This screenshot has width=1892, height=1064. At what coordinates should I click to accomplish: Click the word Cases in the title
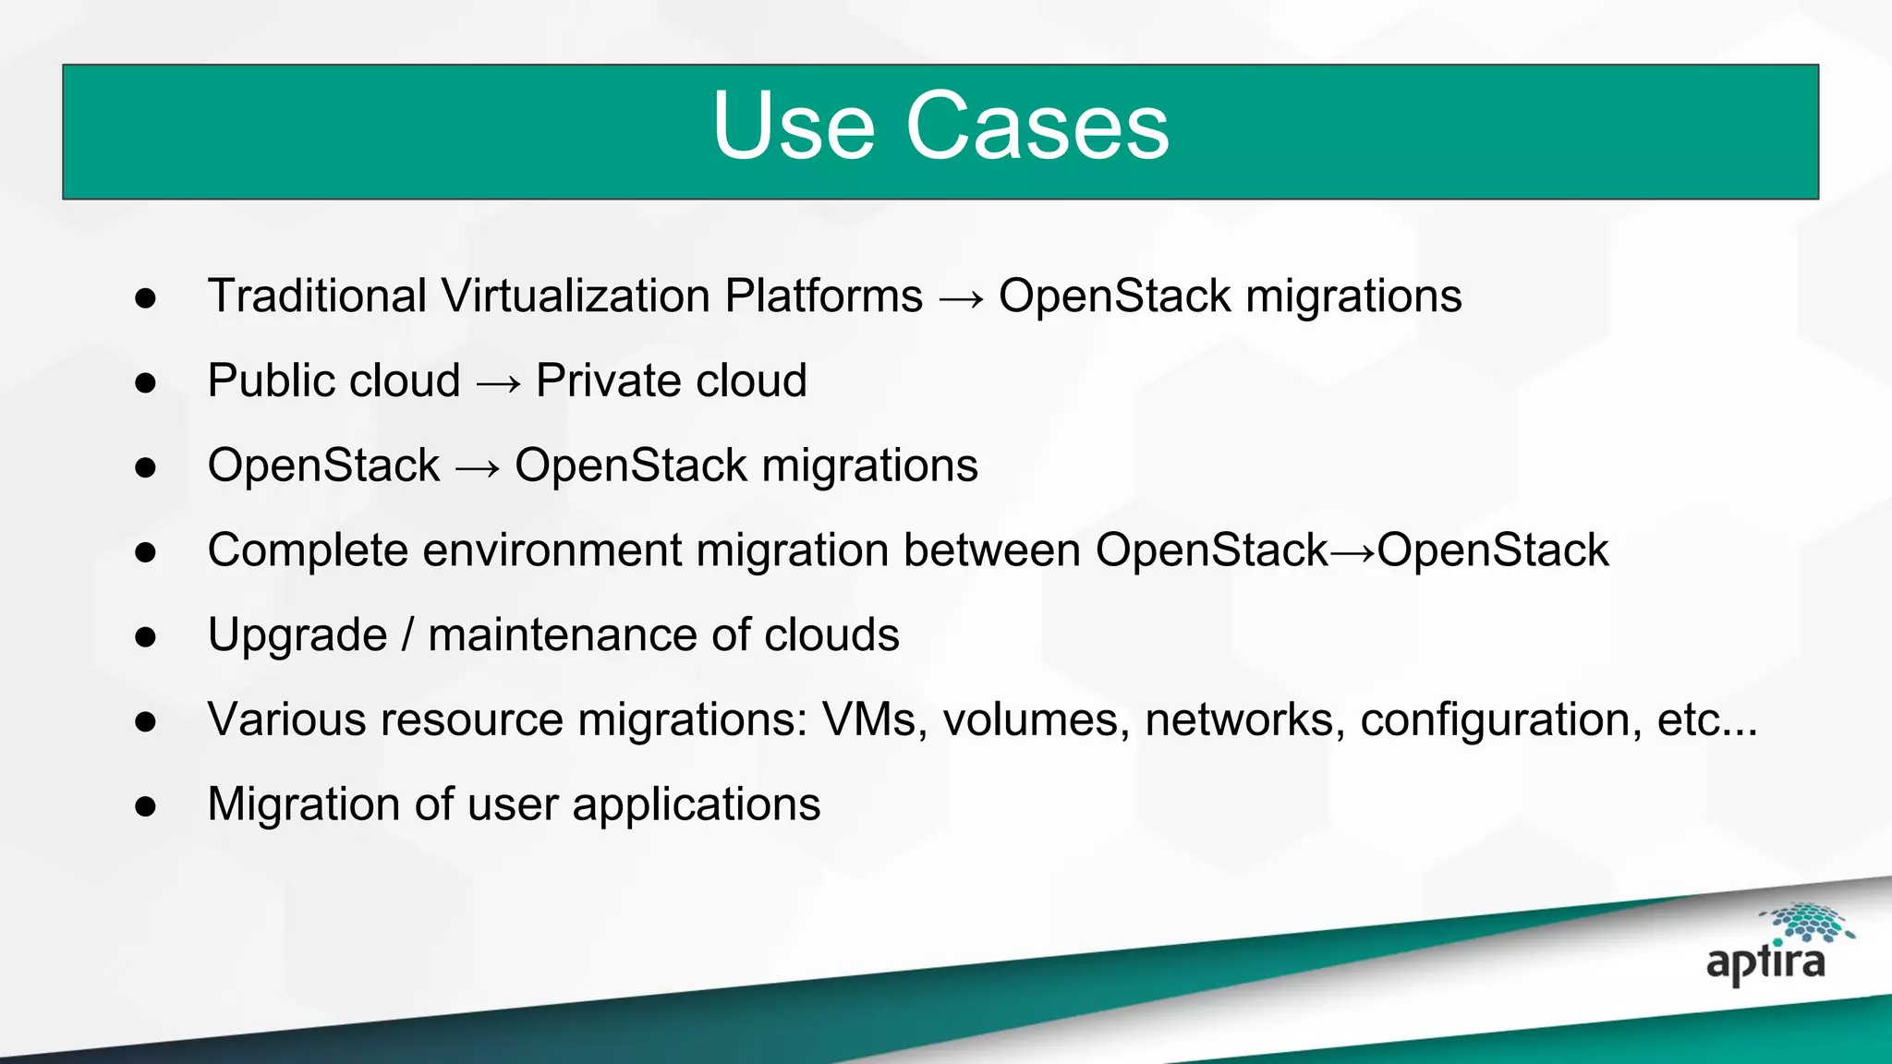(1037, 127)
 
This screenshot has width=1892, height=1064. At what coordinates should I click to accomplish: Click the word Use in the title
(793, 127)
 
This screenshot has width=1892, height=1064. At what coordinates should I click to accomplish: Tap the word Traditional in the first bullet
(317, 296)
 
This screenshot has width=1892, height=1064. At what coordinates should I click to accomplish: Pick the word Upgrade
(297, 635)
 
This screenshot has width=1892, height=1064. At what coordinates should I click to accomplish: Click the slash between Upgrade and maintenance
(407, 635)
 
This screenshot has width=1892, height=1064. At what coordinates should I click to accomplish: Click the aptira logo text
(1765, 963)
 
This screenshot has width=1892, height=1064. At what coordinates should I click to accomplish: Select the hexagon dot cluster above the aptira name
(1807, 922)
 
